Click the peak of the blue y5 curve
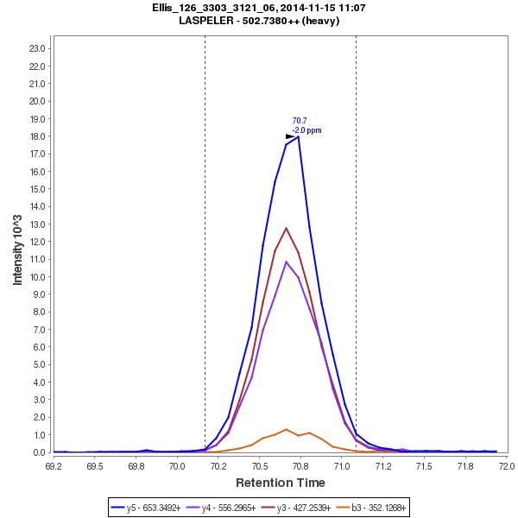[298, 136]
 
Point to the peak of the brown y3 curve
[287, 228]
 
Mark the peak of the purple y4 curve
[287, 262]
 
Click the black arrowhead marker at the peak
[291, 136]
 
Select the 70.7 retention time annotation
[300, 121]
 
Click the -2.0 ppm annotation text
[306, 130]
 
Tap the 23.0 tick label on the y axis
[37, 48]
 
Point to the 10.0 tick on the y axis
[37, 277]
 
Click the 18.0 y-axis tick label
[37, 136]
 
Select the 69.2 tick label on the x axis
[54, 466]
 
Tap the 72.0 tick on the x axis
[506, 466]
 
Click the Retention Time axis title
[281, 483]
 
